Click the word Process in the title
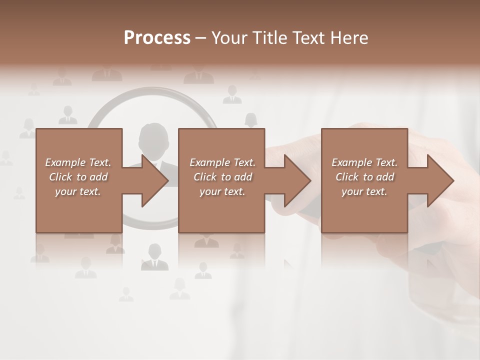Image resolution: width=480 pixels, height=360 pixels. pyautogui.click(x=157, y=38)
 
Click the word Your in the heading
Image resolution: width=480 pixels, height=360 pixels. pyautogui.click(x=228, y=38)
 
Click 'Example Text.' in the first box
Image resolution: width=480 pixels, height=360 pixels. pyautogui.click(x=78, y=162)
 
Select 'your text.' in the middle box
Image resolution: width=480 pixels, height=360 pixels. pyautogui.click(x=222, y=191)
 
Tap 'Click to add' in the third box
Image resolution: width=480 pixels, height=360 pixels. pyautogui.click(x=364, y=177)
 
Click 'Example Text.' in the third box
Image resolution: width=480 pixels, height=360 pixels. pyautogui.click(x=364, y=162)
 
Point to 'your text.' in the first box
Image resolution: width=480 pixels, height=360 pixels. pyautogui.click(x=78, y=191)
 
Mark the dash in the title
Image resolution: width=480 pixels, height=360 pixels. pyautogui.click(x=201, y=38)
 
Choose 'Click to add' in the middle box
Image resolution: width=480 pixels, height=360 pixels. pyautogui.click(x=222, y=177)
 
